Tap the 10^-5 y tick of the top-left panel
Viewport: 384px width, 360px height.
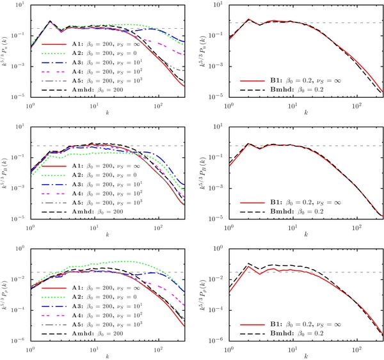[17, 97]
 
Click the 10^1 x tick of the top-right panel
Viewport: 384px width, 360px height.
[292, 104]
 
